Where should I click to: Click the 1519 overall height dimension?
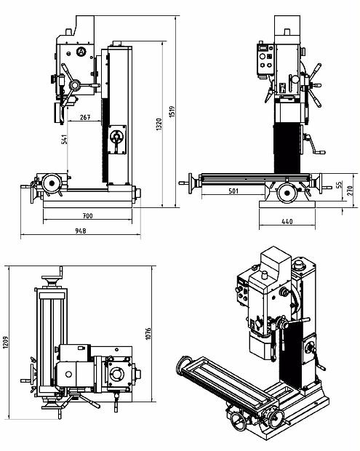[172, 111]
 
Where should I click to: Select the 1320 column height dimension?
[159, 124]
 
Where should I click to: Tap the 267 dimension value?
[85, 117]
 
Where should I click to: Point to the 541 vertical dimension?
[65, 139]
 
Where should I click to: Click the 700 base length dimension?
[87, 216]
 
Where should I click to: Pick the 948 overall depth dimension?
[81, 231]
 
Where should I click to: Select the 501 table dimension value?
[233, 191]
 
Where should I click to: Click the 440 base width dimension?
[287, 221]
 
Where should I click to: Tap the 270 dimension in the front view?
[351, 191]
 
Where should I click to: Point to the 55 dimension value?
[339, 184]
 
